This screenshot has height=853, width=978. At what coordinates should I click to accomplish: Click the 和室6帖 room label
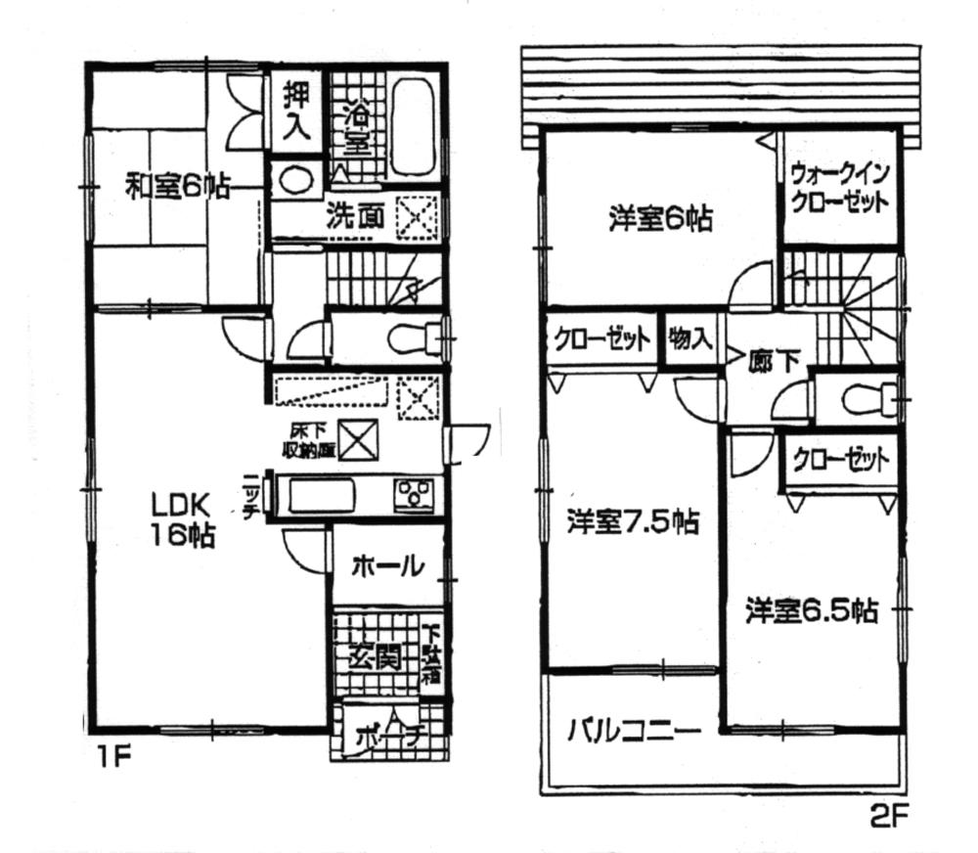[x=176, y=187]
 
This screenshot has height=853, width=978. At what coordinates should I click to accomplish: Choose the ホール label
[x=386, y=565]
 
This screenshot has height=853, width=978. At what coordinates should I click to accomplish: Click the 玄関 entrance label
[x=376, y=656]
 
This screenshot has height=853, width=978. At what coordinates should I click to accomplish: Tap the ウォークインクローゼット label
[x=840, y=190]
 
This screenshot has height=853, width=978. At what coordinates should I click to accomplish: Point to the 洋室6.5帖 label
[x=811, y=610]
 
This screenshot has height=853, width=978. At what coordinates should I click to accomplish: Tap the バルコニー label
[x=633, y=731]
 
